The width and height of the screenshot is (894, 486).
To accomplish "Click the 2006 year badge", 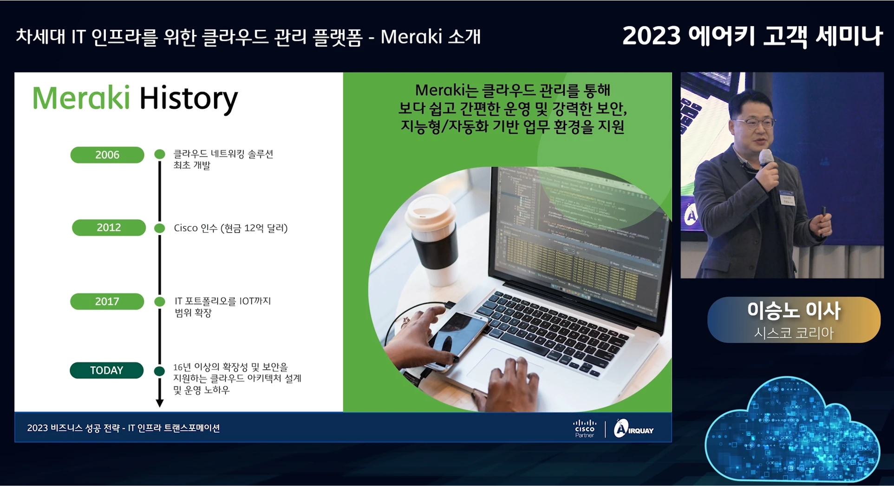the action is point(107,155).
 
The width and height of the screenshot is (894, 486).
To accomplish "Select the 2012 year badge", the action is point(109,228).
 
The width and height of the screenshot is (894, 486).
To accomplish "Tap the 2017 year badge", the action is point(107,302).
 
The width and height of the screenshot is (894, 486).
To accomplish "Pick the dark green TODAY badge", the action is point(107,370).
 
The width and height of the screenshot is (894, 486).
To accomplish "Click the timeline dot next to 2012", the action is point(160,228).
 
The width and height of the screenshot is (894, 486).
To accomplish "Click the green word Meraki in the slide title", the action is point(81,98).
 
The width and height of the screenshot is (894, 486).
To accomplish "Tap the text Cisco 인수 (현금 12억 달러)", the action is point(231,228).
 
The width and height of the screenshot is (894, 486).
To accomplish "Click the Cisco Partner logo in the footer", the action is point(585,428).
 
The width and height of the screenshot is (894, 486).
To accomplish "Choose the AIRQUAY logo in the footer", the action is point(633,429).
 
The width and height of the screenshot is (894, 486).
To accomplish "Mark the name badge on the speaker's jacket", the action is point(788,199).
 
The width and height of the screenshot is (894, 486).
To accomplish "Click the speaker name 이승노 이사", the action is point(794,311).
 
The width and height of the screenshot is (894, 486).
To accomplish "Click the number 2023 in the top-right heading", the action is point(651,36).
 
